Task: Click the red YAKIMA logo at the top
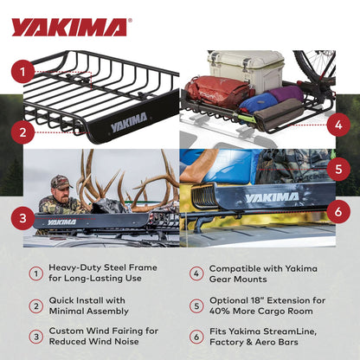69,27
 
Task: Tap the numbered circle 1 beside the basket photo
23,72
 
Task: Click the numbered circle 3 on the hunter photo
23,216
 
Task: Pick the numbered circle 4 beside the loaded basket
337,124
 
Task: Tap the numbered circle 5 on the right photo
337,169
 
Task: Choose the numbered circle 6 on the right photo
337,209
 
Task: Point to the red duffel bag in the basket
220,91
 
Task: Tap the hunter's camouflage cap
59,182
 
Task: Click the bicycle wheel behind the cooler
315,66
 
